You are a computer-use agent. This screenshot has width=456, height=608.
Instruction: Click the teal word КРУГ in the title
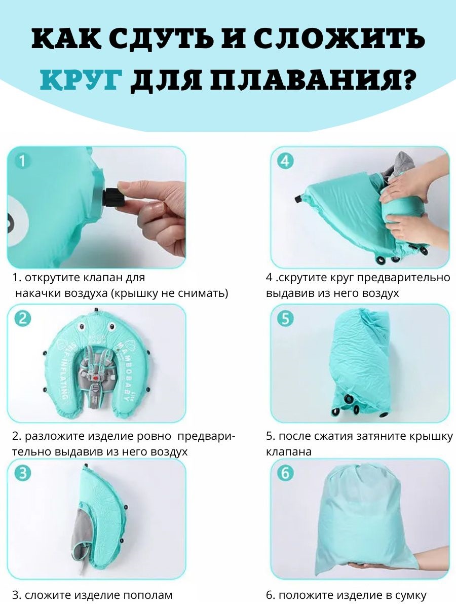click(x=81, y=81)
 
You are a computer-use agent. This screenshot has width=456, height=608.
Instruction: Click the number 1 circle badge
click(x=22, y=161)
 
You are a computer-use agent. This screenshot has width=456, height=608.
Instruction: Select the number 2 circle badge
click(x=22, y=319)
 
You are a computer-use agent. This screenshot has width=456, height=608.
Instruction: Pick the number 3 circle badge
click(x=22, y=473)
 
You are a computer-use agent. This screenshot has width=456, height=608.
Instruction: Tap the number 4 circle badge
click(x=285, y=161)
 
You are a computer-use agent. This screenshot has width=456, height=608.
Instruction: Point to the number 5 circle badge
click(x=285, y=319)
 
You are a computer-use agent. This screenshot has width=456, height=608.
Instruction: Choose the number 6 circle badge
click(x=285, y=473)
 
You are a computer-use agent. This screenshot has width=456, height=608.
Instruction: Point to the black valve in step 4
click(x=299, y=199)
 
